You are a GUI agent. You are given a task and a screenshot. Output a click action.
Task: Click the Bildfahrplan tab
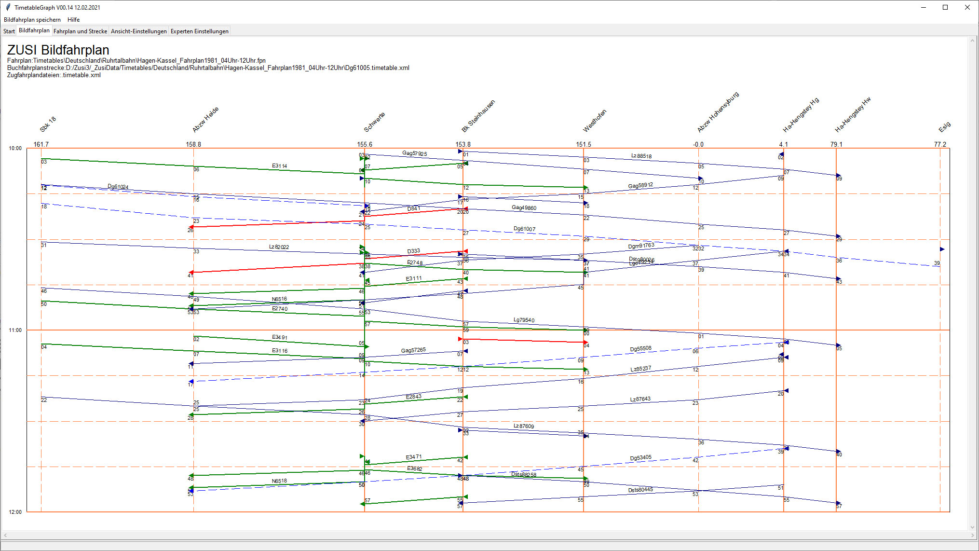click(34, 30)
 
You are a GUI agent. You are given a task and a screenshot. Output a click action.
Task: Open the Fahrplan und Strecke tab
click(80, 31)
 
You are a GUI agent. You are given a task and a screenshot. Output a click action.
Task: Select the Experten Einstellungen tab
click(199, 31)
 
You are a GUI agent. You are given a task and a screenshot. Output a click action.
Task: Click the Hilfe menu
click(73, 20)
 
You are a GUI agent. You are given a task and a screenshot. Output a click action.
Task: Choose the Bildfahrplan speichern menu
click(32, 20)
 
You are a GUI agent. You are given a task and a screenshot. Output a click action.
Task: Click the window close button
click(967, 7)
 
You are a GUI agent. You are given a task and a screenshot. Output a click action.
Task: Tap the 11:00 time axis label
click(15, 330)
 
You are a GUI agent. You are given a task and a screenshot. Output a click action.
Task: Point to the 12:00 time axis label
click(15, 512)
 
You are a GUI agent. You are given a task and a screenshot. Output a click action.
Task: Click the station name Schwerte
click(374, 122)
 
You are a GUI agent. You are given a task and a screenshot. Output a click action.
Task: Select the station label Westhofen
click(595, 121)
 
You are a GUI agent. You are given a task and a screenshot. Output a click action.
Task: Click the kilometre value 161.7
click(41, 144)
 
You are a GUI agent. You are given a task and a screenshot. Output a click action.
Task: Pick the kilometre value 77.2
click(940, 144)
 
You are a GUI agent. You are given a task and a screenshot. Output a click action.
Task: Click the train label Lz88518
click(641, 156)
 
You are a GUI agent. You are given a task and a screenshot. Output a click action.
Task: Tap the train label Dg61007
click(524, 229)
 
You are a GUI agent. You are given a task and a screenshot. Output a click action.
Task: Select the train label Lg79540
click(524, 320)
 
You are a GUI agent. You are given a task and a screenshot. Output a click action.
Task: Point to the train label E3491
click(280, 337)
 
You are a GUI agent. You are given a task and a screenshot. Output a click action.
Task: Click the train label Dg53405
click(640, 457)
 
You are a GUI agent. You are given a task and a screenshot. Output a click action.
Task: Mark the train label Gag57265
click(413, 350)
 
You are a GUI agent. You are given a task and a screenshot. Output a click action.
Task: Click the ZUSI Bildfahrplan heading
click(58, 50)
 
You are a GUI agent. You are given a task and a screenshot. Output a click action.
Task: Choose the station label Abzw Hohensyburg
click(718, 112)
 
